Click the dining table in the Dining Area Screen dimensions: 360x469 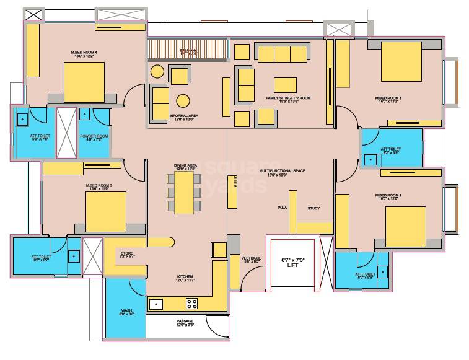pyautogui.click(x=184, y=192)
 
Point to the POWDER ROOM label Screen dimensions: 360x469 pyautogui.click(x=94, y=136)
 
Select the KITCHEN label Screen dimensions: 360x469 pyautogui.click(x=185, y=277)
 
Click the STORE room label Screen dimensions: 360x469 pyautogui.click(x=127, y=254)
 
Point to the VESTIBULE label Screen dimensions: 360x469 pyautogui.click(x=251, y=259)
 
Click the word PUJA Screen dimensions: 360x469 pyautogui.click(x=282, y=209)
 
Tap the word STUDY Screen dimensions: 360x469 pyautogui.click(x=313, y=209)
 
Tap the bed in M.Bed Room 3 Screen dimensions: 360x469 pyautogui.click(x=106, y=211)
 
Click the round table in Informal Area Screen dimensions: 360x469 pyautogui.click(x=183, y=100)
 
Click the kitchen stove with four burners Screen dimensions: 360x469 pyautogui.click(x=192, y=304)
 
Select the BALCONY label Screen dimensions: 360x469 pyautogui.click(x=188, y=51)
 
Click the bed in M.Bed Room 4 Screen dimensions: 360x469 pyautogui.click(x=84, y=81)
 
